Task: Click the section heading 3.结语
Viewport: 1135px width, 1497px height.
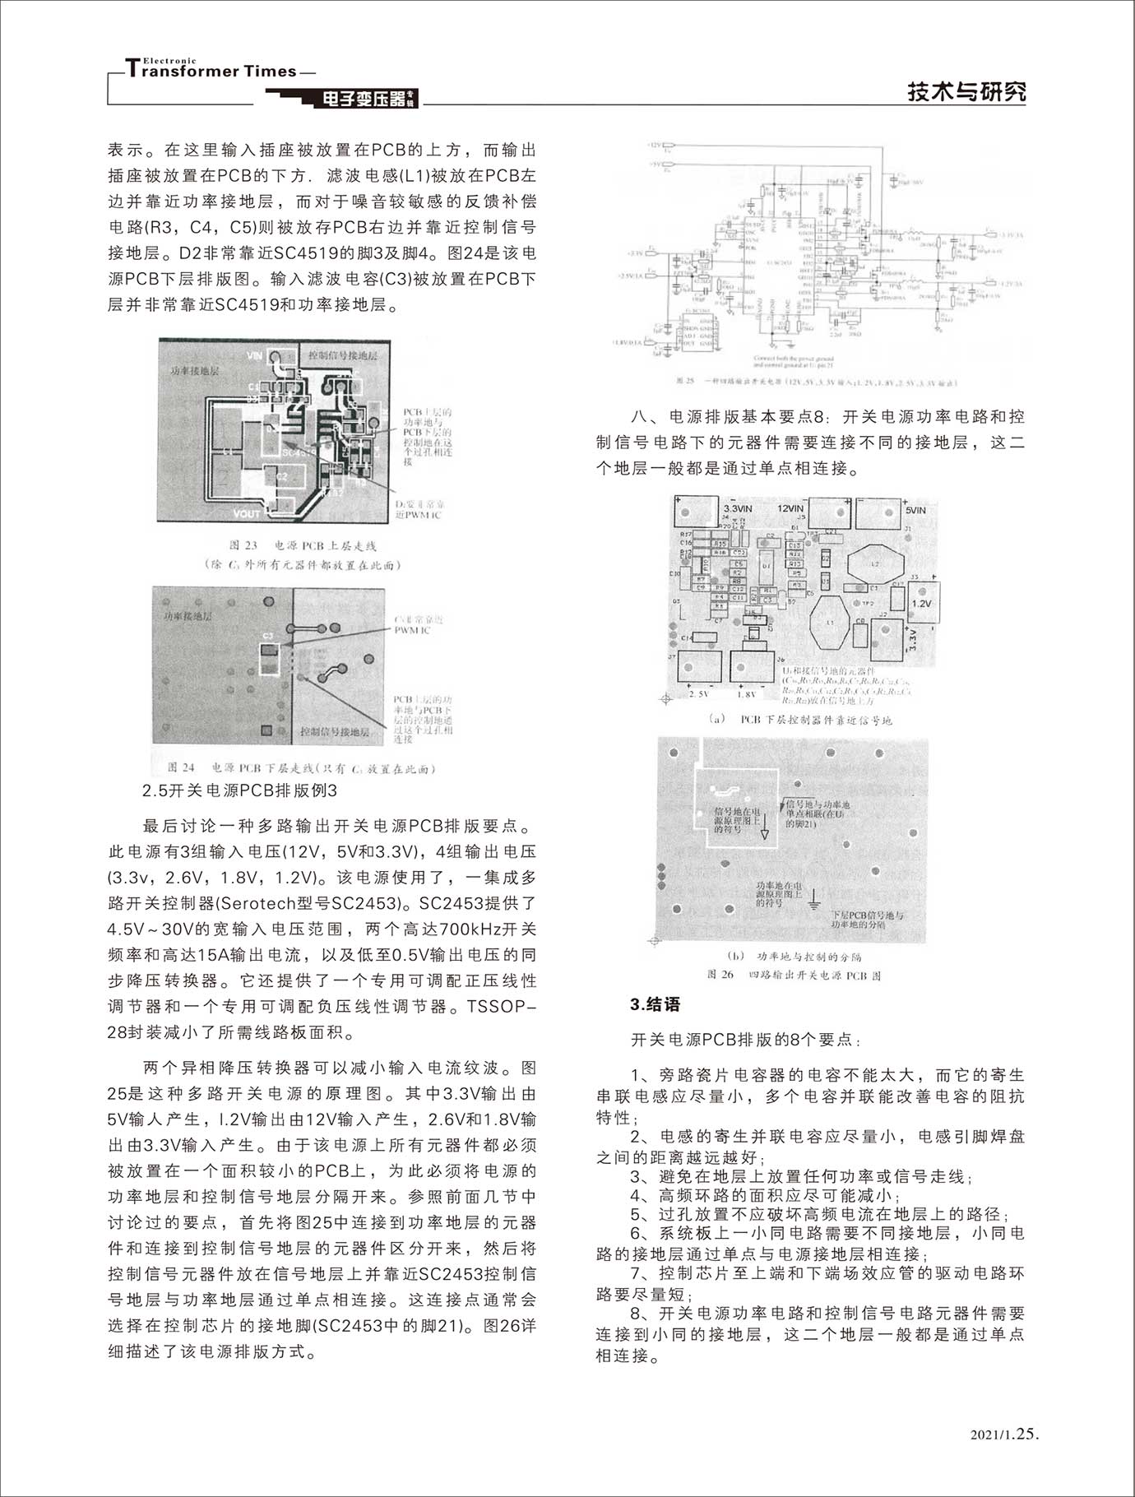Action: click(655, 1004)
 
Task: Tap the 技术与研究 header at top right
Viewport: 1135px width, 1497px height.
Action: click(966, 91)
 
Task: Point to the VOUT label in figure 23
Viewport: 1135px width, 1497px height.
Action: click(247, 513)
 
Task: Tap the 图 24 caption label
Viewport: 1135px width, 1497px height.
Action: click(181, 767)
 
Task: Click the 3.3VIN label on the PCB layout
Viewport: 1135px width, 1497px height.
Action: click(738, 509)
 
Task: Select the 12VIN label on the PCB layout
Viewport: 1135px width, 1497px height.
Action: click(790, 508)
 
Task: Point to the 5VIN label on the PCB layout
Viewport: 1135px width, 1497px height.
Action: click(915, 510)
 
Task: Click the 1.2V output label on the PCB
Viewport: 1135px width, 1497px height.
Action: click(922, 603)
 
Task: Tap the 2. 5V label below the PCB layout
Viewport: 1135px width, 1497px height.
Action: click(698, 694)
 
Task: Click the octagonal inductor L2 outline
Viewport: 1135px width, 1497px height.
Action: click(875, 566)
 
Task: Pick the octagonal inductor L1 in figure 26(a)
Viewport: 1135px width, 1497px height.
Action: click(830, 623)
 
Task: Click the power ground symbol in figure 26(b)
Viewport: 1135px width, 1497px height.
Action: click(814, 901)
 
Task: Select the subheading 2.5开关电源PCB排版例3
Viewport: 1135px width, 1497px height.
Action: click(239, 790)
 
